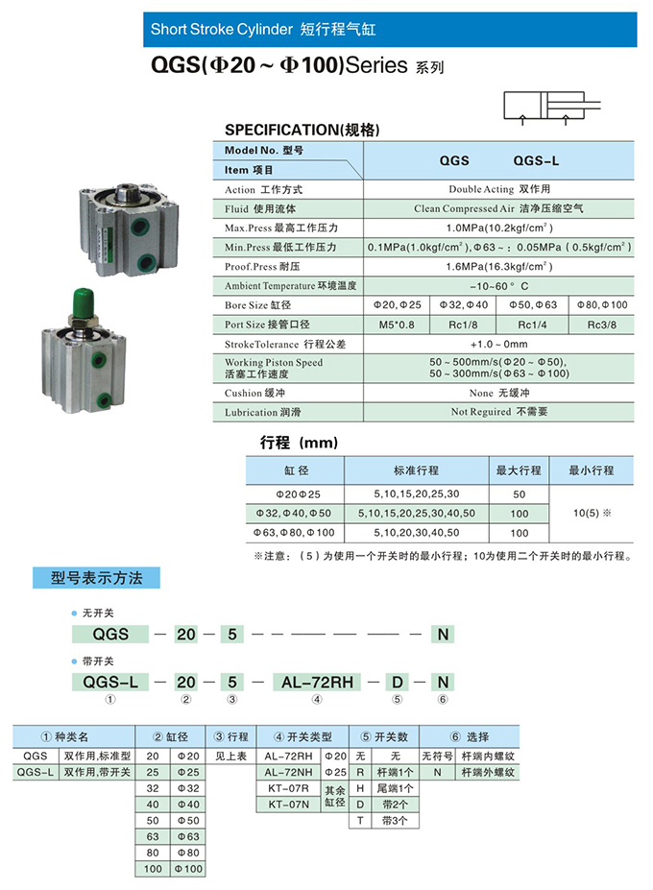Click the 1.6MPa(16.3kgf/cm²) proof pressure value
[499, 265]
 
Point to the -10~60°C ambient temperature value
[499, 285]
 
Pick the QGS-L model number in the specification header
[536, 160]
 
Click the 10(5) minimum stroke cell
[592, 513]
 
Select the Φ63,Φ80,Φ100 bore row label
[294, 532]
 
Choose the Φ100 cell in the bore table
[187, 868]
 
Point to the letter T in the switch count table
[360, 821]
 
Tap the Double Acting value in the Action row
[499, 189]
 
